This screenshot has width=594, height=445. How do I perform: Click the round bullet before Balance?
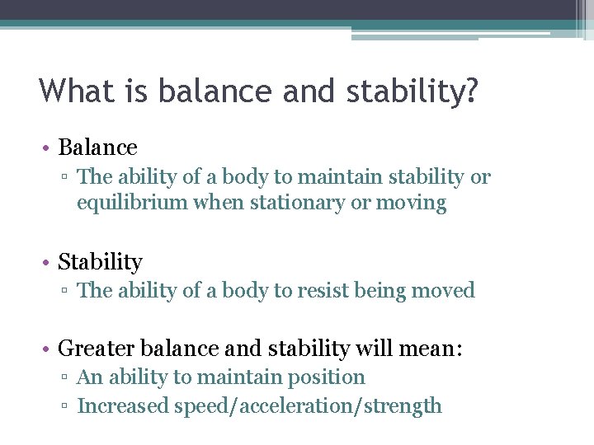pyautogui.click(x=49, y=148)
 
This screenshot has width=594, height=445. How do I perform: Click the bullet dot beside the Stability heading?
pyautogui.click(x=49, y=263)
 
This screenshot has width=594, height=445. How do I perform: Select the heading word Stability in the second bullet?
pyautogui.click(x=100, y=262)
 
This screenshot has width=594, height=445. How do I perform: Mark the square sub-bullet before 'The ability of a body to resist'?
pyautogui.click(x=68, y=292)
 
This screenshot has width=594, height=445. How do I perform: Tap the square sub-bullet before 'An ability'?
pyautogui.click(x=68, y=378)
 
